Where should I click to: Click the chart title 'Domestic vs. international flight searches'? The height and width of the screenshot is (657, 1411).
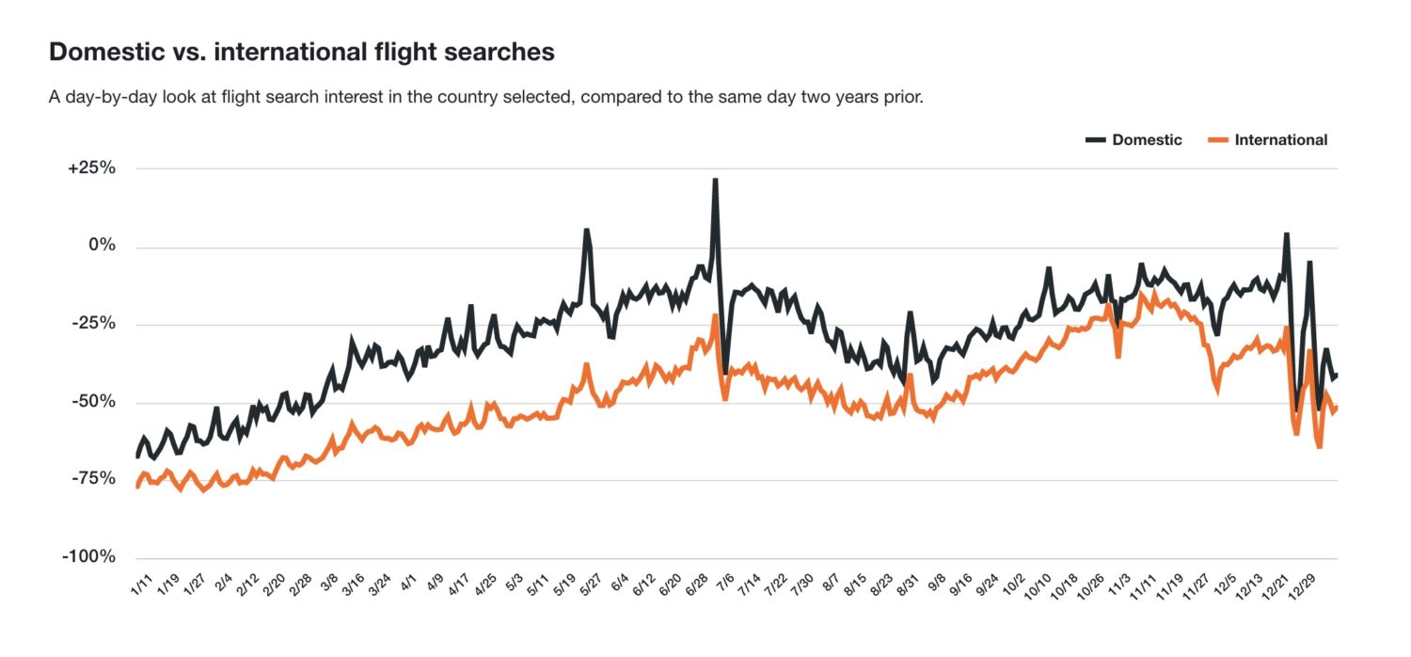[x=301, y=53]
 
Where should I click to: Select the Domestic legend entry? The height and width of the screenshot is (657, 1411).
[x=1146, y=139]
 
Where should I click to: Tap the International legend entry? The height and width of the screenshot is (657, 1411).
[x=1280, y=139]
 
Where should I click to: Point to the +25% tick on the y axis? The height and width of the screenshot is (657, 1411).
[x=92, y=168]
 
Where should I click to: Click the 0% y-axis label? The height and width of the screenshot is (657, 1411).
[x=101, y=247]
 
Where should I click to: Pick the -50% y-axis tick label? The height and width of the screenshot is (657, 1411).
[x=94, y=402]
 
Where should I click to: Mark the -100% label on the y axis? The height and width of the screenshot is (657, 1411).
[x=89, y=556]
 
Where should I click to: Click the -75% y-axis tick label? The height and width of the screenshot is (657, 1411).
[x=94, y=479]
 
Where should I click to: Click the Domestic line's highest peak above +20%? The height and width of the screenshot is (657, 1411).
[x=715, y=179]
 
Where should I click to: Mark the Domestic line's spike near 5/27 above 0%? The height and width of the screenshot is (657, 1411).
[x=586, y=229]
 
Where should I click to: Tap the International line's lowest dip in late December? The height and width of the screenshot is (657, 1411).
[x=1320, y=446]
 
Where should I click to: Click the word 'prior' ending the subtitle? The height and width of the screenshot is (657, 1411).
[x=904, y=98]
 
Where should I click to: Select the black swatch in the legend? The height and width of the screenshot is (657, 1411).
[x=1095, y=139]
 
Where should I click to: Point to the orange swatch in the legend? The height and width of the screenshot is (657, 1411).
[x=1218, y=139]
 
